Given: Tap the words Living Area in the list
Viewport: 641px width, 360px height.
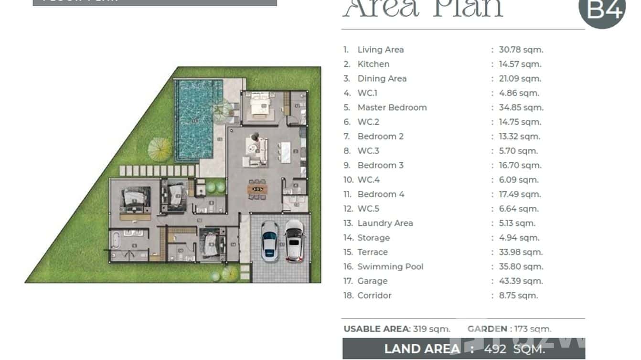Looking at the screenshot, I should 380,50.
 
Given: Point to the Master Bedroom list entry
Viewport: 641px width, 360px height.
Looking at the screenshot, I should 392,107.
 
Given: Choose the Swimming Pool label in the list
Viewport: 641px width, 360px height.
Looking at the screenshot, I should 390,266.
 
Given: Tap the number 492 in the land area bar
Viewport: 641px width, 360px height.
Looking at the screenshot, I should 495,349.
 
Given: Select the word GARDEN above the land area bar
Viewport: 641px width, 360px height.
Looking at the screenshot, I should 487,329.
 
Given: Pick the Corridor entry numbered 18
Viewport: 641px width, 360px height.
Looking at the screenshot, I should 374,296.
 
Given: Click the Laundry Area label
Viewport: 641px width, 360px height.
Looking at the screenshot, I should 385,223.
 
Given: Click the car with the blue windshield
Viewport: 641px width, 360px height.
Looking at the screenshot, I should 269,240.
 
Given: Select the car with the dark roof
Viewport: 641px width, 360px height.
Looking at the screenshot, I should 294,240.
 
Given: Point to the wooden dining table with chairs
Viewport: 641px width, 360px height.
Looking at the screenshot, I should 257,189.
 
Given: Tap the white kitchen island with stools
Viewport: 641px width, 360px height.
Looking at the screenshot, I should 286,152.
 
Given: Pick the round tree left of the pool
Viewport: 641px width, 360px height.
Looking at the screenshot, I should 160,148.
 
